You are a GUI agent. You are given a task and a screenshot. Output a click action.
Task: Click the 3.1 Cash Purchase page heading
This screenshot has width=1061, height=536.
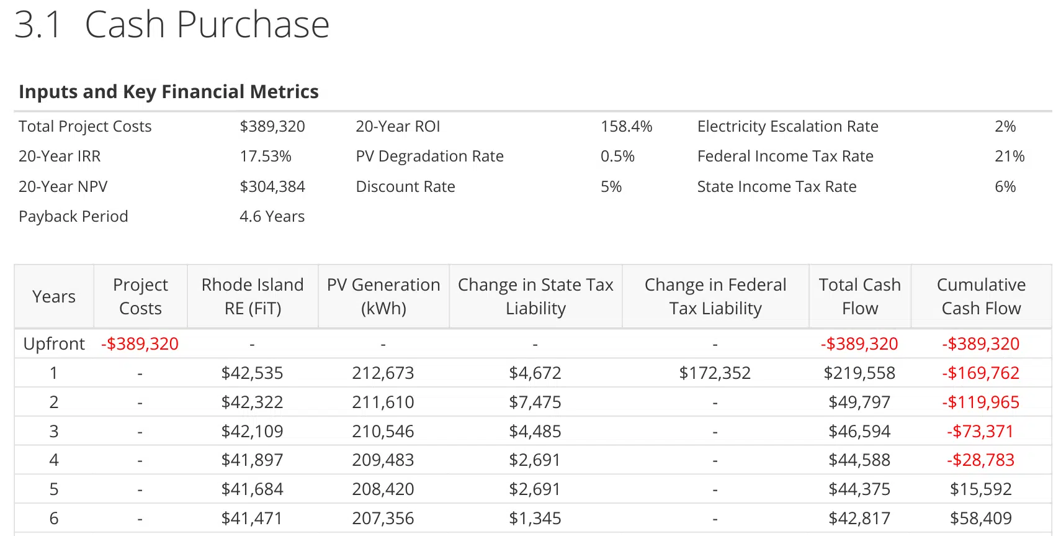click(x=172, y=25)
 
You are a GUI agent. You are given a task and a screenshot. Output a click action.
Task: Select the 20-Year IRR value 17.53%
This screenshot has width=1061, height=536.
click(x=266, y=157)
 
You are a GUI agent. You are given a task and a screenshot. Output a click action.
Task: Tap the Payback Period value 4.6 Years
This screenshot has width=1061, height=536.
click(x=272, y=217)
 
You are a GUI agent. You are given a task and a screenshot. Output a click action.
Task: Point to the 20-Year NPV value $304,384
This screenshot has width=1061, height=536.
click(x=272, y=187)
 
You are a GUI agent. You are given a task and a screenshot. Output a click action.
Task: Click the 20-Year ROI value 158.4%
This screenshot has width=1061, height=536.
click(x=626, y=127)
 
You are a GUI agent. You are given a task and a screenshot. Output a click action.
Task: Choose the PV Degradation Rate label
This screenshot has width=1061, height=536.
click(x=429, y=157)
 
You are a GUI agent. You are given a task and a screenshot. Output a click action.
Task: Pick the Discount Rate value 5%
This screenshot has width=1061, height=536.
click(x=611, y=187)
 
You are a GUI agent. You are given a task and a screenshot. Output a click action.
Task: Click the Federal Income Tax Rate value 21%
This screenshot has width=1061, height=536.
click(x=1009, y=157)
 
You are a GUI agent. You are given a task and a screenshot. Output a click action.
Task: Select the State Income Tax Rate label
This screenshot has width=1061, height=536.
click(x=776, y=187)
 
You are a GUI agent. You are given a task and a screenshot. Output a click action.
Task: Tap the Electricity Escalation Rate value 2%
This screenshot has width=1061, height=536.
click(x=1005, y=127)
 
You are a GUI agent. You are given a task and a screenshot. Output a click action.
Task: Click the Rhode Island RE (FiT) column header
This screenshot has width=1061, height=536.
click(x=253, y=296)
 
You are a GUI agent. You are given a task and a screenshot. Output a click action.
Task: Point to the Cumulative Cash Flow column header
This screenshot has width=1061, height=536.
click(x=981, y=296)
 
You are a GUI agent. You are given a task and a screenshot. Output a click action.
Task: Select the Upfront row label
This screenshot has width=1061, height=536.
click(x=54, y=344)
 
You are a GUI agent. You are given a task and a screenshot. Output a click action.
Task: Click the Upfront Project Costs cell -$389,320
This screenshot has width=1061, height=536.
click(x=140, y=344)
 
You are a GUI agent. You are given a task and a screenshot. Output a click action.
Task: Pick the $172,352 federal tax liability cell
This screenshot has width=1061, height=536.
click(x=715, y=373)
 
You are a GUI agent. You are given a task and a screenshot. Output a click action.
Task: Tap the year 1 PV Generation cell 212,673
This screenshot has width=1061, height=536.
click(x=383, y=373)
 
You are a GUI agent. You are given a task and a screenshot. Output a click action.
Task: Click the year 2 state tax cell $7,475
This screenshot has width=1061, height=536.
click(x=535, y=402)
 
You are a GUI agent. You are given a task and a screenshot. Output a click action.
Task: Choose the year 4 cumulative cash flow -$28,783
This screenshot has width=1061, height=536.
click(x=980, y=460)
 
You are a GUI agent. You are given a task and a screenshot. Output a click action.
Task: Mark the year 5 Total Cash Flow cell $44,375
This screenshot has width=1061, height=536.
click(x=859, y=489)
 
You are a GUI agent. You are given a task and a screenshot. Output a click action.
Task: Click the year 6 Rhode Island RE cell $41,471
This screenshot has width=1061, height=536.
click(x=252, y=519)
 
